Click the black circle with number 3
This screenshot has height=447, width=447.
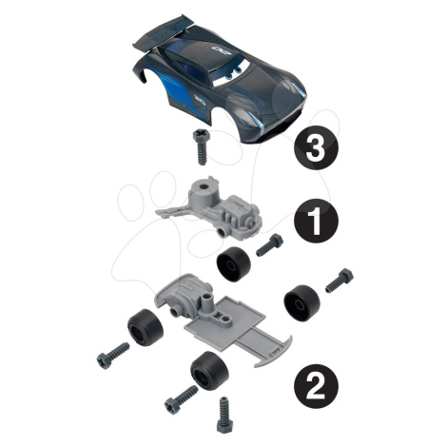click(x=316, y=148)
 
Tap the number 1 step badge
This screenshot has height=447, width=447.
click(x=316, y=221)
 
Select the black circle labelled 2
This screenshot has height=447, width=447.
click(x=316, y=386)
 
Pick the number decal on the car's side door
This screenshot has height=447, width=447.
click(x=200, y=100)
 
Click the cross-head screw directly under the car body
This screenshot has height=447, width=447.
click(x=202, y=146)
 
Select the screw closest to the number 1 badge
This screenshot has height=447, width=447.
click(x=269, y=245)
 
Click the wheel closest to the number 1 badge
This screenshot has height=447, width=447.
click(x=234, y=263)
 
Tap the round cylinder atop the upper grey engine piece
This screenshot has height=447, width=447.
click(x=204, y=190)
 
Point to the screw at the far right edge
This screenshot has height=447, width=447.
click(x=340, y=281)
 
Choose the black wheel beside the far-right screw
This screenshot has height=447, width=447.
click(x=301, y=303)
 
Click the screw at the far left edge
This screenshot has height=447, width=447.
click(x=113, y=356)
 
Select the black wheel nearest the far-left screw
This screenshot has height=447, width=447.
click(x=146, y=327)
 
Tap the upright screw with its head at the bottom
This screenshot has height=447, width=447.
click(x=224, y=415)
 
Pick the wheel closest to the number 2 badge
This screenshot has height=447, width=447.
click(x=209, y=370)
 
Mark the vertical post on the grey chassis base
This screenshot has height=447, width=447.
click(x=207, y=303)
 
